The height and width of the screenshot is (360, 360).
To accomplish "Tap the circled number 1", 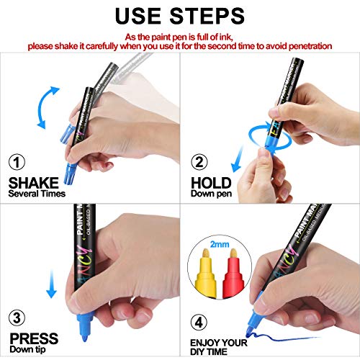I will (16, 162).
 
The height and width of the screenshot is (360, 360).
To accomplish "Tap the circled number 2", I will (200, 163).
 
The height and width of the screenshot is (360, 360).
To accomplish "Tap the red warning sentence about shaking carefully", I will (180, 45).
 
